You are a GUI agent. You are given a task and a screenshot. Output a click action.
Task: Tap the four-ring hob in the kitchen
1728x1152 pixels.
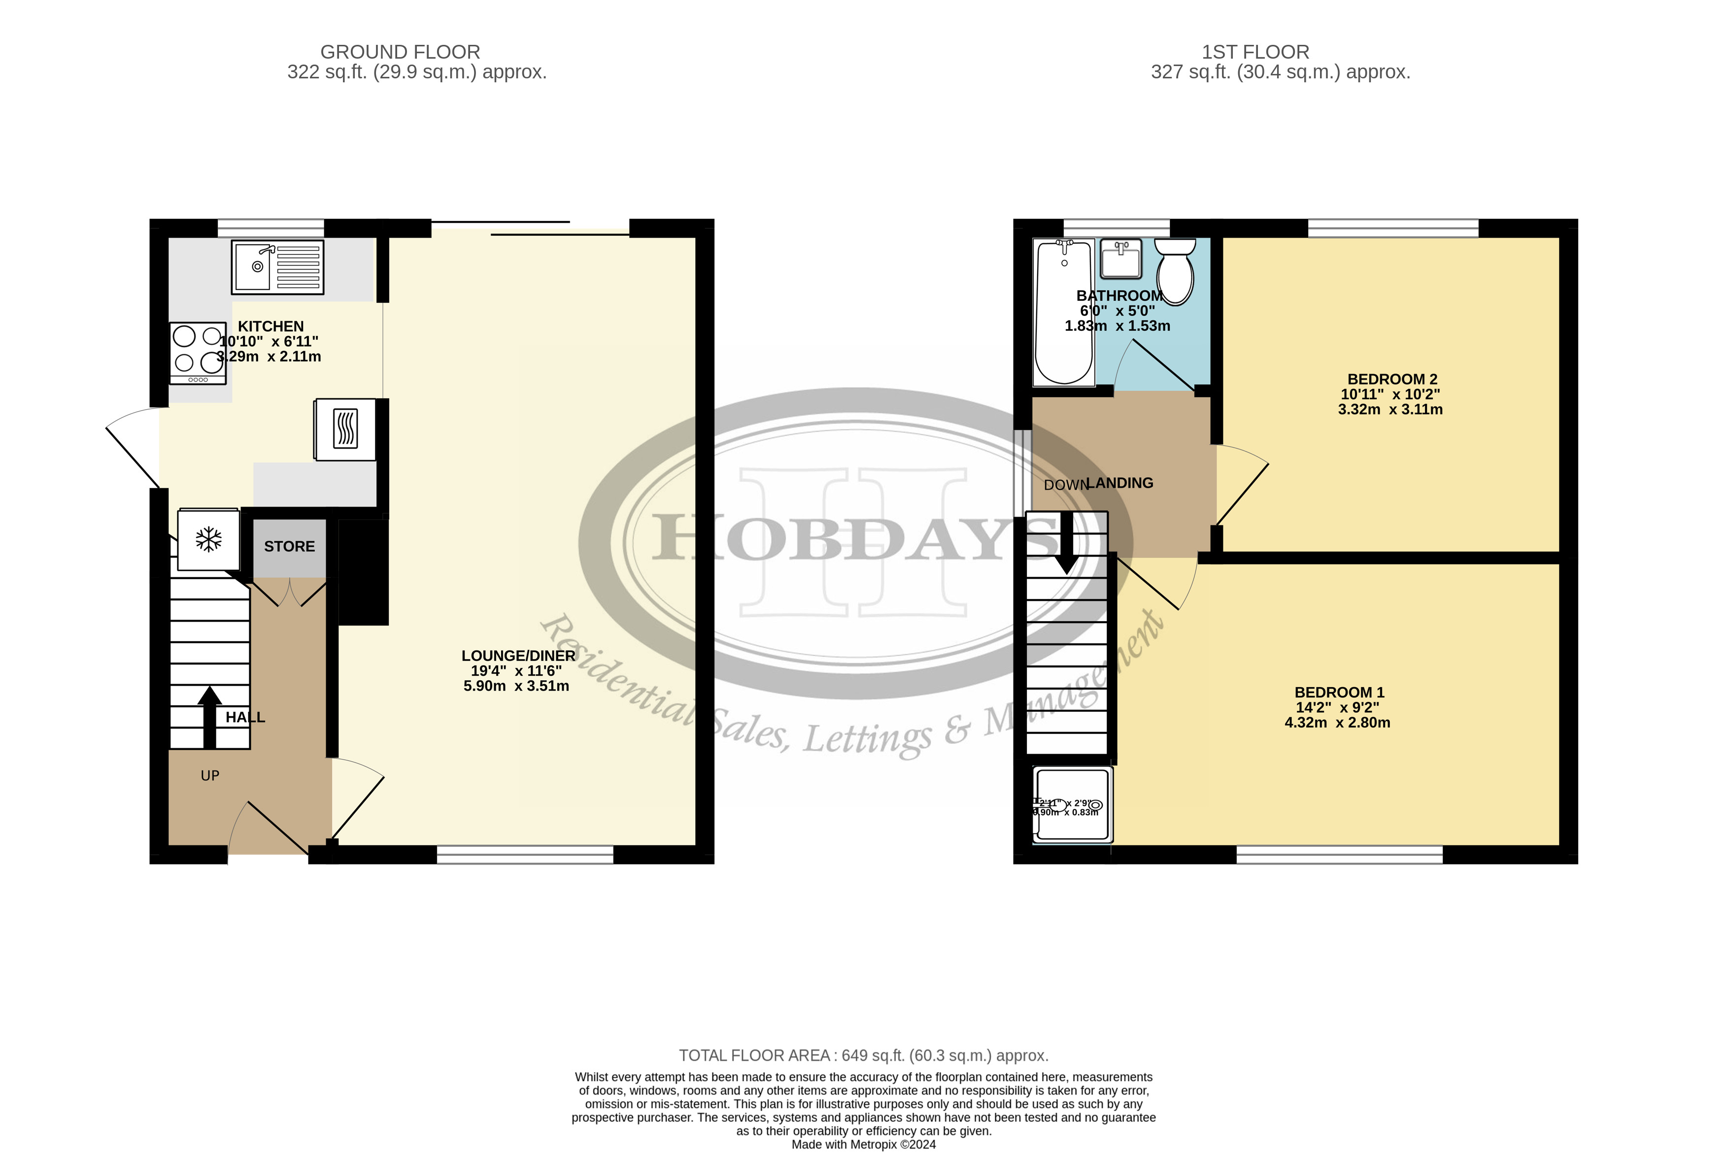click(x=198, y=352)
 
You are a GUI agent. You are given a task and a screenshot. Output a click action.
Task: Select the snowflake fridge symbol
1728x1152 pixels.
click(x=208, y=539)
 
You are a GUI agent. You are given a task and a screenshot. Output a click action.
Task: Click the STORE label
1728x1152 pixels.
click(x=289, y=547)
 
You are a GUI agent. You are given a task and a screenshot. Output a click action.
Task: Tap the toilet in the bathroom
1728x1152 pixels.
click(x=1175, y=271)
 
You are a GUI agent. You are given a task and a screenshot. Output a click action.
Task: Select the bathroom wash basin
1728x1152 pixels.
click(x=1120, y=259)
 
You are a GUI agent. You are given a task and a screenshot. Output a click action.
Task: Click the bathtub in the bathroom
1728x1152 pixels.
click(x=1063, y=312)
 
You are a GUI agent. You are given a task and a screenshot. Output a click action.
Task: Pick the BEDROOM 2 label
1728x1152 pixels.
click(x=1391, y=379)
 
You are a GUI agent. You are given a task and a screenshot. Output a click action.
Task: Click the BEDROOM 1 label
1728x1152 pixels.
click(x=1339, y=692)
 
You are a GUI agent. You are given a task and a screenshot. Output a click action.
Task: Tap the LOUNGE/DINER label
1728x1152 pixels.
click(x=518, y=655)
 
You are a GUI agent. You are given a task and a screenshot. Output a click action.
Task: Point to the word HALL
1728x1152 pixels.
click(x=245, y=717)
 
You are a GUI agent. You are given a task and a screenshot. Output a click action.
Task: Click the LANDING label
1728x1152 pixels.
click(x=1120, y=483)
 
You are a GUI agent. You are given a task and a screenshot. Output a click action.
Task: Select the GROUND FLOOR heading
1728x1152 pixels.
click(x=400, y=52)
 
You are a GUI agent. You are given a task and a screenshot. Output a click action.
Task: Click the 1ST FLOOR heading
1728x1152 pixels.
click(x=1255, y=52)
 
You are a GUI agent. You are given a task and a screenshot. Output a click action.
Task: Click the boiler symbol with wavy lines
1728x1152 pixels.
click(x=345, y=429)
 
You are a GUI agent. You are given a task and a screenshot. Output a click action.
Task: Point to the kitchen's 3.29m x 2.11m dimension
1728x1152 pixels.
click(x=269, y=356)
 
